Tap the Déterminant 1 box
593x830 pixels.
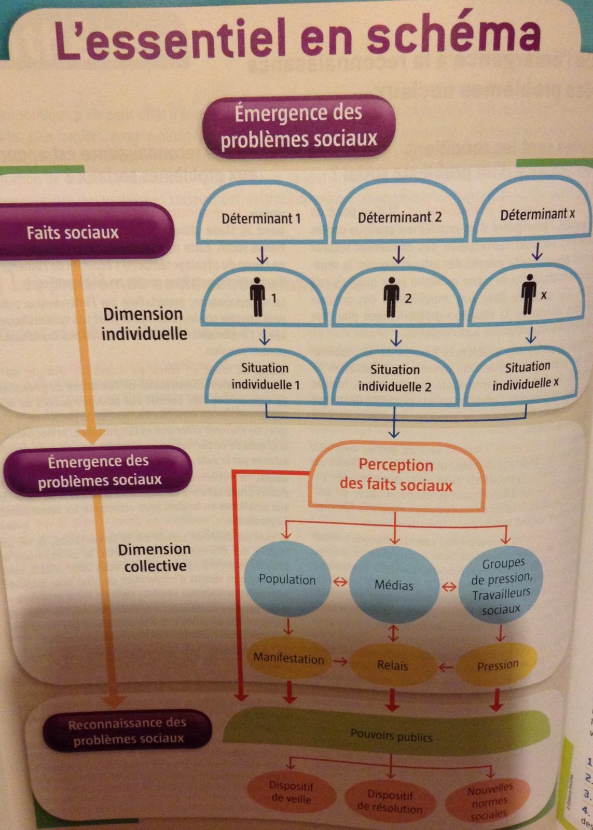click(x=261, y=218)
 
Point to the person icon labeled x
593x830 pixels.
click(x=529, y=294)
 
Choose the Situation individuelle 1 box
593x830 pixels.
click(x=265, y=376)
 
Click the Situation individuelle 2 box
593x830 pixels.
click(x=395, y=378)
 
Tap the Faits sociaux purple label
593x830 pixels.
click(x=73, y=232)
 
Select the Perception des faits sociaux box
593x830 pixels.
click(x=396, y=475)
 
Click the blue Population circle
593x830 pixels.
click(x=287, y=579)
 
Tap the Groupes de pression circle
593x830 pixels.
click(x=501, y=586)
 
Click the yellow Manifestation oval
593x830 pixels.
click(x=288, y=659)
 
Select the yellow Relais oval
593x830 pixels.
click(x=392, y=665)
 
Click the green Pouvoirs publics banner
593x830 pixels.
click(x=391, y=735)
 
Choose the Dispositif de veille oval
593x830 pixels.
click(x=291, y=792)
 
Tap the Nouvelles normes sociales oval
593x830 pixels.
click(x=489, y=801)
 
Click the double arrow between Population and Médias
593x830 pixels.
click(x=340, y=582)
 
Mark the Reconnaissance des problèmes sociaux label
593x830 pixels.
click(x=128, y=730)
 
